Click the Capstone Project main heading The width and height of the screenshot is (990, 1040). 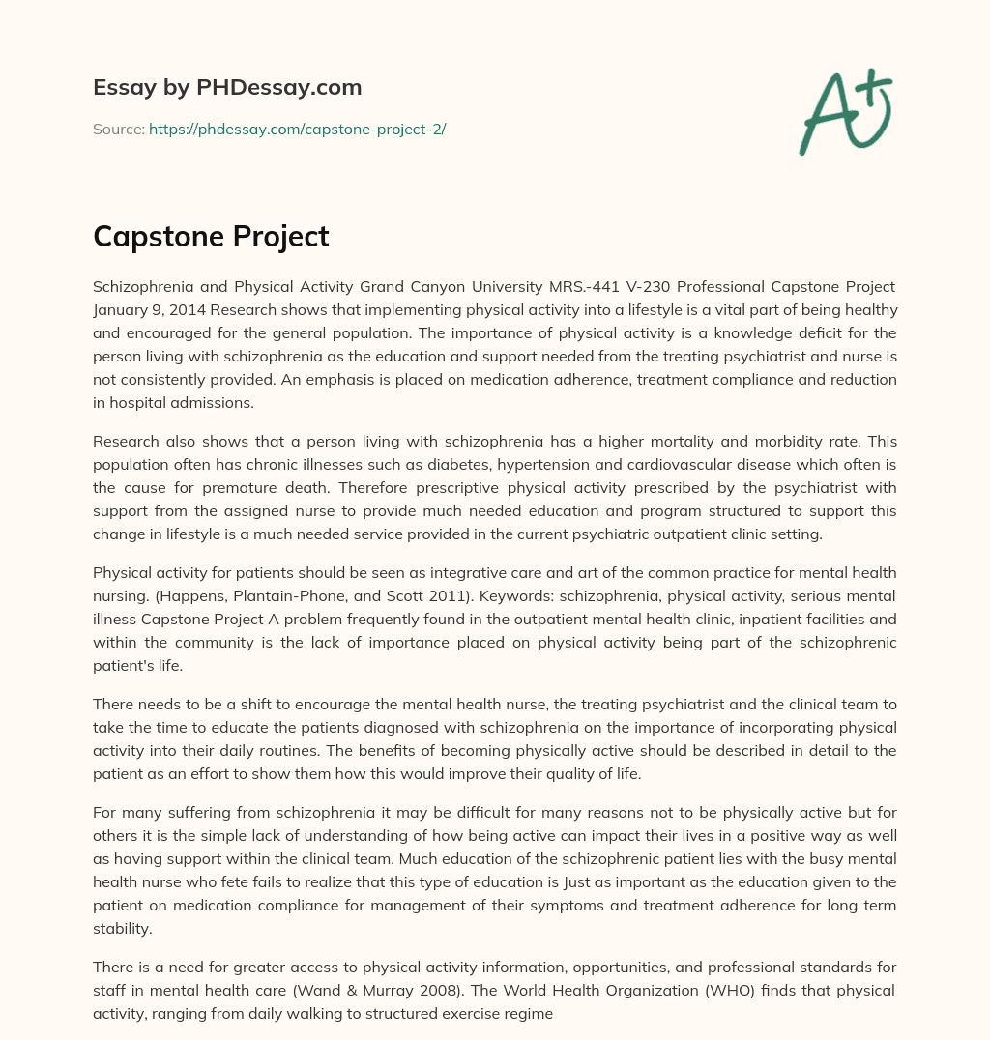point(211,237)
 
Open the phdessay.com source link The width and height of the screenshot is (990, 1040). point(297,129)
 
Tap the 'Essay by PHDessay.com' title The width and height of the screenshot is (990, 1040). point(227,88)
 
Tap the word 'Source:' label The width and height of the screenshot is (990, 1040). point(118,129)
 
